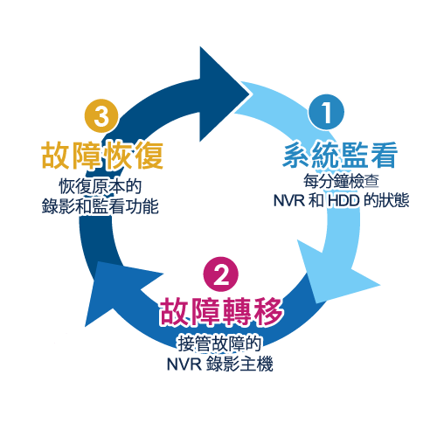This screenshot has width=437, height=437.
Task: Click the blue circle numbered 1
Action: [327, 112]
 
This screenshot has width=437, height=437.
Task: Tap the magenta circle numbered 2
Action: [221, 274]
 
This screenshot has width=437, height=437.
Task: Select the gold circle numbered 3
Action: [101, 116]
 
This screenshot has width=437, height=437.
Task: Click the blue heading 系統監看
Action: [340, 155]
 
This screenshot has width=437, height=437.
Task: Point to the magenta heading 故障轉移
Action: [221, 311]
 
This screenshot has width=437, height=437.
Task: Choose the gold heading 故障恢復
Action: [102, 155]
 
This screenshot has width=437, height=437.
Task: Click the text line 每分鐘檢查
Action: [341, 181]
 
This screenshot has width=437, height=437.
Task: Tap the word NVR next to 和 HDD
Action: [289, 200]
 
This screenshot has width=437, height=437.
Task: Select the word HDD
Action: [343, 200]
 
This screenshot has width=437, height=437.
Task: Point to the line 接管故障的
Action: [219, 343]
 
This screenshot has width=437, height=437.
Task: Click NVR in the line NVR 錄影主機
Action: [184, 364]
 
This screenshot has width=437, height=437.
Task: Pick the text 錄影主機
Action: [239, 364]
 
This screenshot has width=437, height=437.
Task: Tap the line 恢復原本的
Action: [101, 186]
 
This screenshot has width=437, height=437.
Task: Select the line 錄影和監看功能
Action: [101, 206]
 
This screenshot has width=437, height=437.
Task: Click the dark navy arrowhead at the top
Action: [220, 94]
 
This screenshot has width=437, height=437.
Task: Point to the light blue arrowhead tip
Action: [380, 285]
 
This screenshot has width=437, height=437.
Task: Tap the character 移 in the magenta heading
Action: [268, 311]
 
